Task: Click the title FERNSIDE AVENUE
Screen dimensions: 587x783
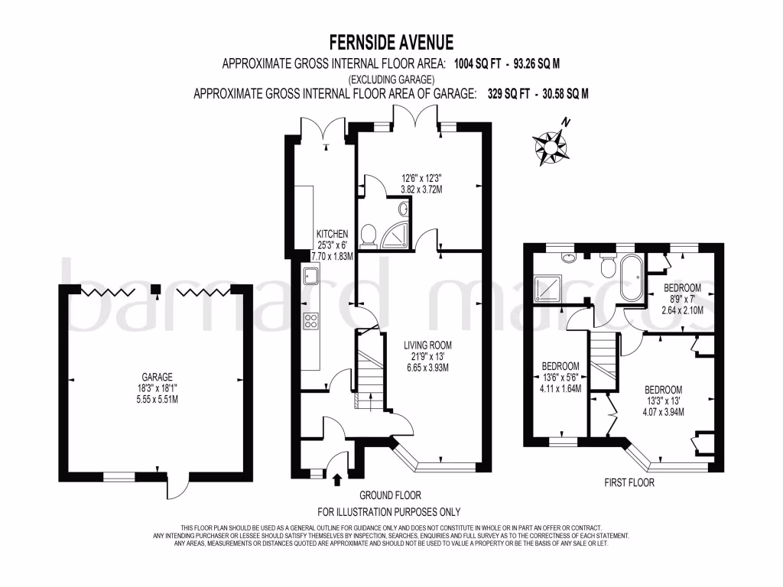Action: pos(391,41)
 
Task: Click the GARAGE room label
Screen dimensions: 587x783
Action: pos(157,377)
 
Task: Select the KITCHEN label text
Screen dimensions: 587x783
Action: pos(333,234)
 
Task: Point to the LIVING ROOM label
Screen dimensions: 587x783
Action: pos(426,345)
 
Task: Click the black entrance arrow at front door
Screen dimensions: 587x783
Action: pos(338,479)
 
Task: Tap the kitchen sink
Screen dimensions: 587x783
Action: pos(311,277)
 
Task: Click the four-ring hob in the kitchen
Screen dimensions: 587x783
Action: pos(311,321)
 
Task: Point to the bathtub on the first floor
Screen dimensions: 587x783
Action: pos(632,279)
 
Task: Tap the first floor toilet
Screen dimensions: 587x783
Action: pos(609,265)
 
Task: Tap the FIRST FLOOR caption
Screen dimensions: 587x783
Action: pos(629,482)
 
